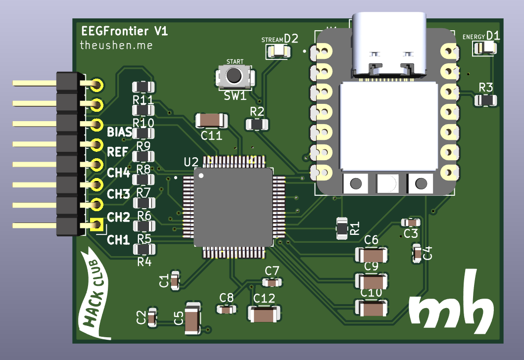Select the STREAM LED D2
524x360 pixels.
click(279, 51)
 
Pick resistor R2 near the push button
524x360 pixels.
click(257, 124)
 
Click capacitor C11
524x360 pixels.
click(211, 120)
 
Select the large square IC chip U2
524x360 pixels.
click(233, 207)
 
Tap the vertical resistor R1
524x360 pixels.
click(342, 228)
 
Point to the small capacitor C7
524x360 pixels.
click(272, 282)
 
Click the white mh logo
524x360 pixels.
click(451, 303)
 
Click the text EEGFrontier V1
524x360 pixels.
click(124, 32)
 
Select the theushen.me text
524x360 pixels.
click(116, 45)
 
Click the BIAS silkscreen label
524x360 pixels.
click(119, 132)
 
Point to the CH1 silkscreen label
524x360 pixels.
click(118, 240)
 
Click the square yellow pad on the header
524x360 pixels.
click(96, 225)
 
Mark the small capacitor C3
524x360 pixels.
click(411, 223)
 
